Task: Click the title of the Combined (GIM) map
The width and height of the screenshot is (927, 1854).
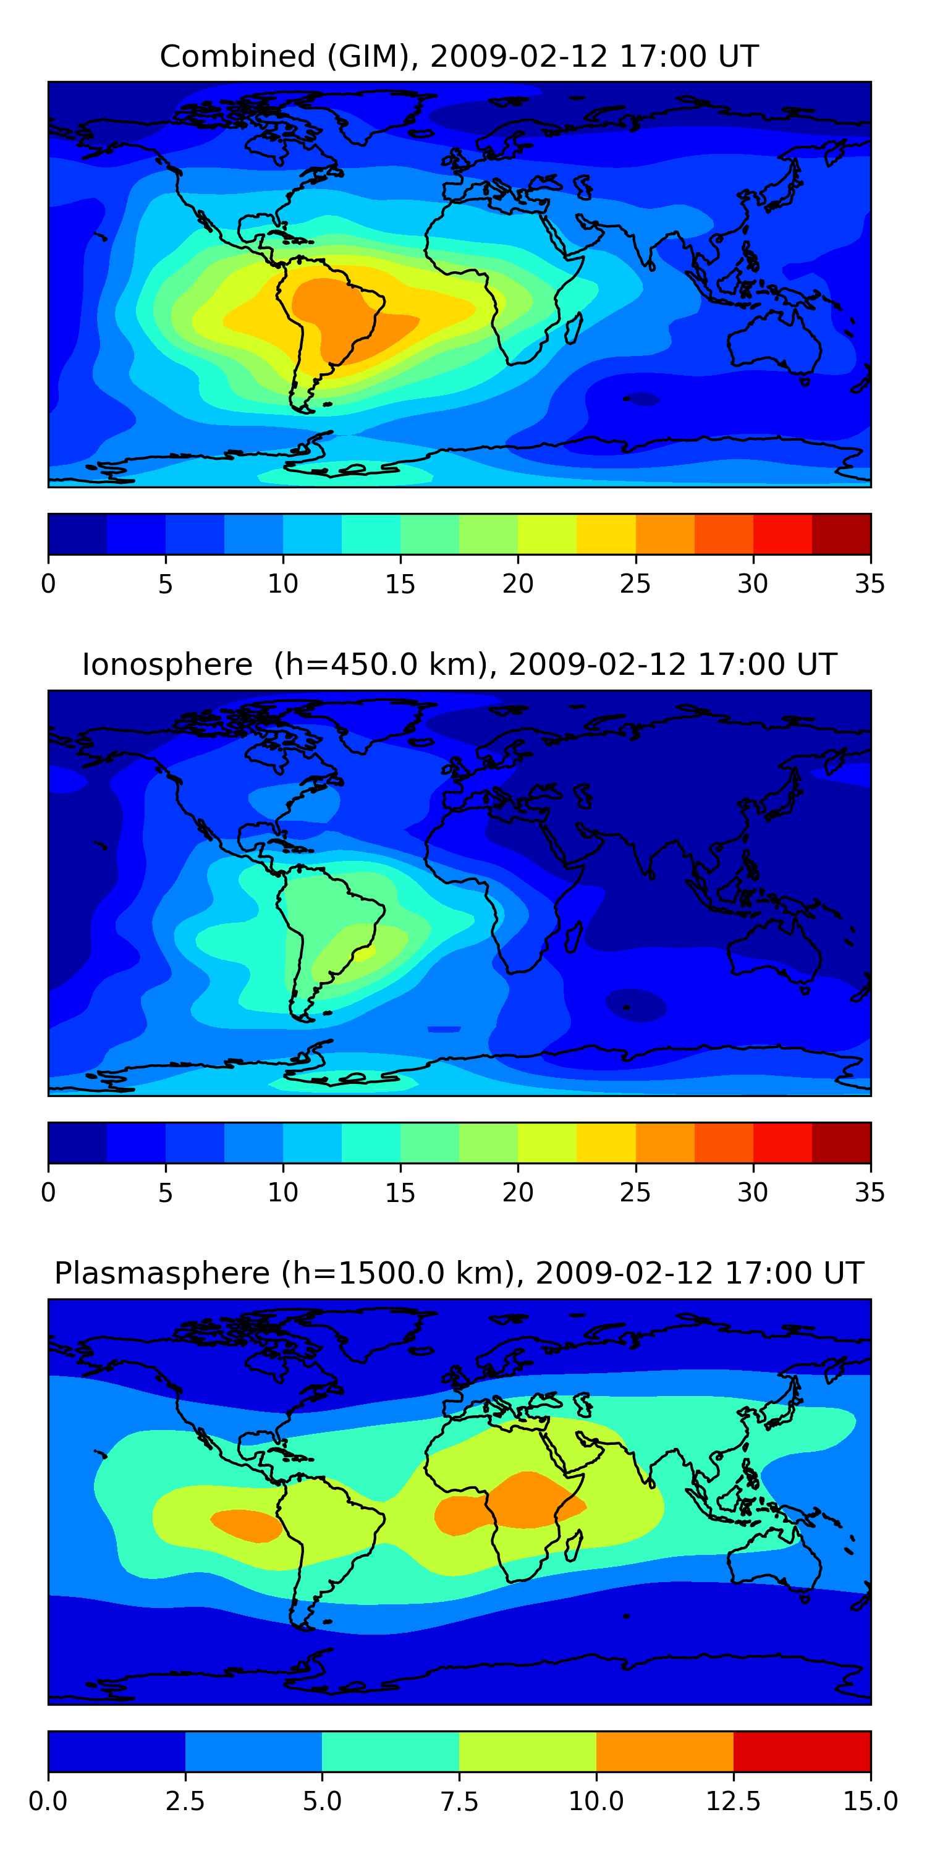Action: point(459,56)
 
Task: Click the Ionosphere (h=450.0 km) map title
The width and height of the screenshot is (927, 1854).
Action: point(459,664)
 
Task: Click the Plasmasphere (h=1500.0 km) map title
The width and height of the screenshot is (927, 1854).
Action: point(459,1273)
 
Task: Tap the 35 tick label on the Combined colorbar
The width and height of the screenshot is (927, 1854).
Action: point(870,583)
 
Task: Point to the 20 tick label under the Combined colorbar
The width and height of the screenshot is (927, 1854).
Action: point(517,583)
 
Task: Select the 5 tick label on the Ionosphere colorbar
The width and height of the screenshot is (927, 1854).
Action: point(166,1193)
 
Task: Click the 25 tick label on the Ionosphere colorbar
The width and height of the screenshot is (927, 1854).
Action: point(635,1193)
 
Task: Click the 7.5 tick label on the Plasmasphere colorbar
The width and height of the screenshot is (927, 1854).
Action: point(459,1801)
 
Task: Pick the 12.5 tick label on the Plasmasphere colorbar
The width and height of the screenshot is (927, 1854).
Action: point(733,1801)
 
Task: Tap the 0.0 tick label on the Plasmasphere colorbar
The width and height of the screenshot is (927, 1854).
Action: point(48,1801)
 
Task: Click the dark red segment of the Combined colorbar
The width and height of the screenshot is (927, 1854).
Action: point(840,534)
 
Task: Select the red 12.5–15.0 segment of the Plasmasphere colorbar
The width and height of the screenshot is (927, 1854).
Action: point(802,1751)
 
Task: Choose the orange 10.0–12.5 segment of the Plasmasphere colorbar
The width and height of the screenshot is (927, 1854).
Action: point(664,1751)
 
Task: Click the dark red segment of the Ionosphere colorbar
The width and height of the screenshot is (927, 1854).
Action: point(840,1142)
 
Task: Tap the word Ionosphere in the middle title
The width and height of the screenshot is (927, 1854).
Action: point(167,664)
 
